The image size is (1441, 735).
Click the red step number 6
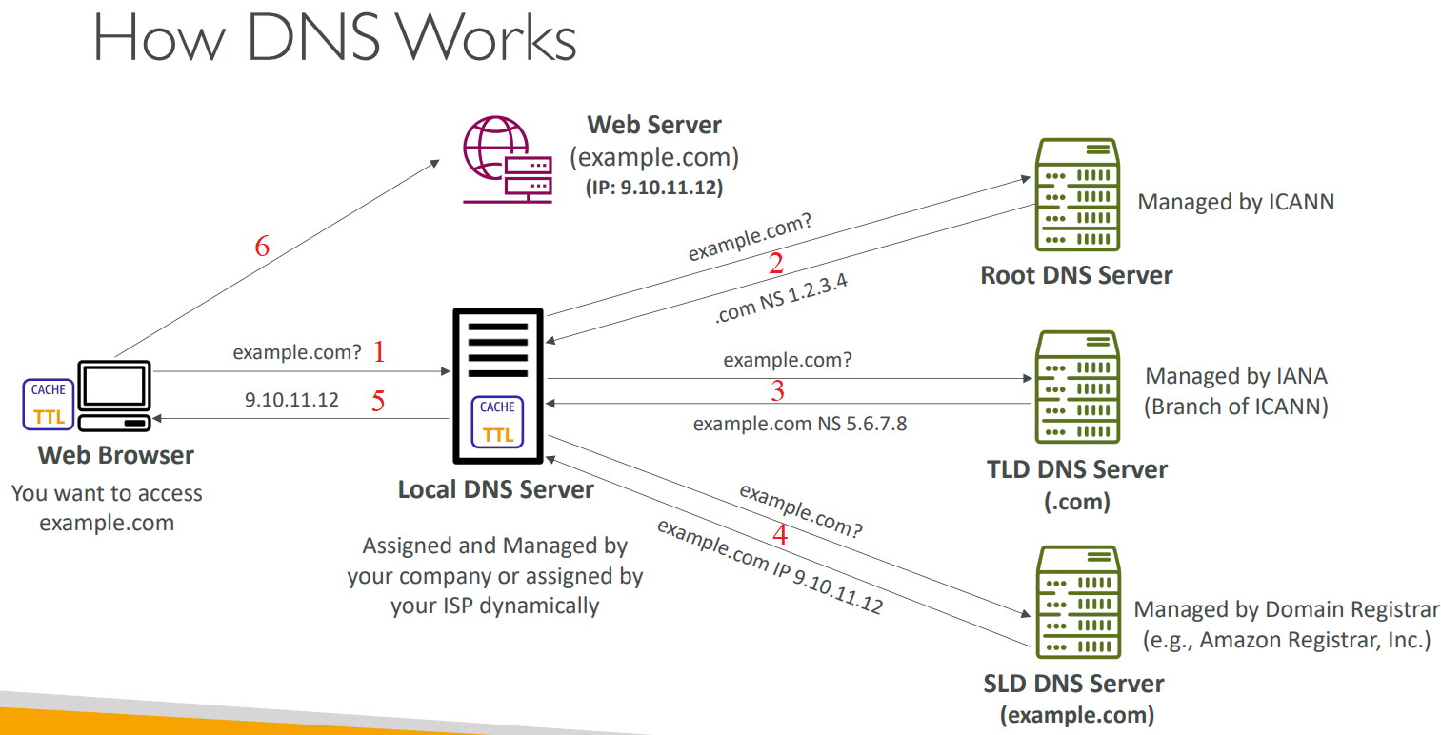coord(262,247)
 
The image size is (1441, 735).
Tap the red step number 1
coord(379,353)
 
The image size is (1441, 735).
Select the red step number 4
coord(780,534)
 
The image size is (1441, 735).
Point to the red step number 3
coord(778,391)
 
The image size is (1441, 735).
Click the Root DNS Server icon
coord(1077,195)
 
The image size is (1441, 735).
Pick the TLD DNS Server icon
coord(1077,387)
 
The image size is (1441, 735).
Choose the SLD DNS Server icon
coord(1077,602)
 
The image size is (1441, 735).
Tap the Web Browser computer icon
coord(113,396)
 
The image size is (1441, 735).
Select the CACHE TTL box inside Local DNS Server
coord(497,421)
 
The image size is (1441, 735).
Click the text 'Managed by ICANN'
coord(1235,202)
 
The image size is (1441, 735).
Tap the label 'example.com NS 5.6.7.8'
coord(799,424)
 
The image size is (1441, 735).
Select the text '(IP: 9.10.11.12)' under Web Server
coord(654,189)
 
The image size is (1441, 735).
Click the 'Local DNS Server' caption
coord(495,490)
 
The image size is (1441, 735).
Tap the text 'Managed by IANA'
coord(1235,376)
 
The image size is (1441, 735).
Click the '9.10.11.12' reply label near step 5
coord(291,400)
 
